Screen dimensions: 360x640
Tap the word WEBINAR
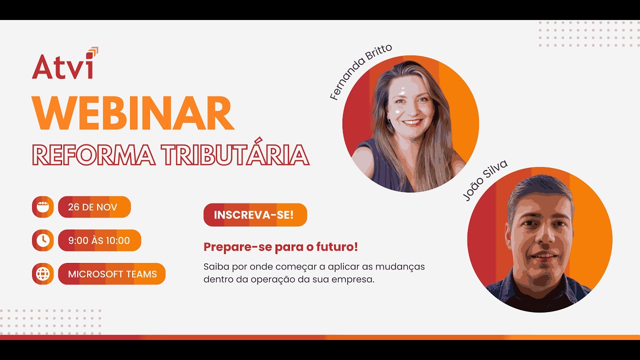tap(132, 113)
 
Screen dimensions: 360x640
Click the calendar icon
tap(43, 207)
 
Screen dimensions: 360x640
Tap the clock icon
tap(43, 240)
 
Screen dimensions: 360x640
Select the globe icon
tap(43, 274)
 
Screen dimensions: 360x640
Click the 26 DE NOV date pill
tap(94, 207)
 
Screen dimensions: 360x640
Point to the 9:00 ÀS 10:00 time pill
tap(99, 240)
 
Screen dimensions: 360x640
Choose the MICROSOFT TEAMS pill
tap(112, 274)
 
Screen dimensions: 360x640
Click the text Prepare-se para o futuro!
tap(280, 247)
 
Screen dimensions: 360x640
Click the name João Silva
tap(478, 180)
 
